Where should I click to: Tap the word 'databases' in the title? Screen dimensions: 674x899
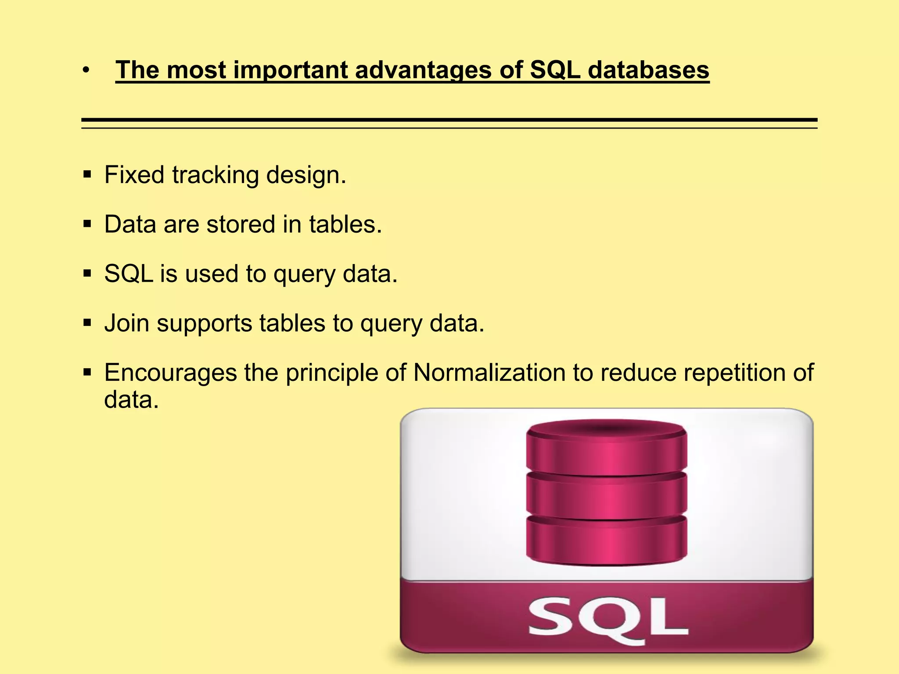(648, 70)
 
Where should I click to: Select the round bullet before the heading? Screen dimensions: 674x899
(86, 70)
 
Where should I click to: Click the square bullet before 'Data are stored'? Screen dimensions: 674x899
(87, 225)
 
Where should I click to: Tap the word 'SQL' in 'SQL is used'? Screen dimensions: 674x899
(128, 274)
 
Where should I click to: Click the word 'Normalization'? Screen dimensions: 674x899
(489, 373)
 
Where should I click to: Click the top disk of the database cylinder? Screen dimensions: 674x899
(606, 450)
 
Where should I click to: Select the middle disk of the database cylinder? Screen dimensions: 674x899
(606, 496)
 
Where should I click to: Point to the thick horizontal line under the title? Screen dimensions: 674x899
(449, 119)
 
